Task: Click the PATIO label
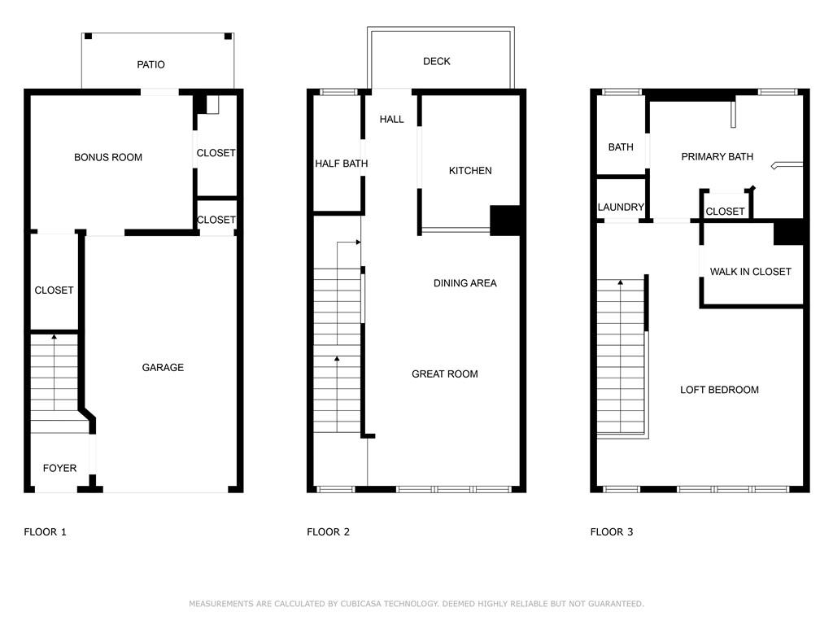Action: tap(150, 64)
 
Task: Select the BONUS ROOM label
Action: tap(108, 157)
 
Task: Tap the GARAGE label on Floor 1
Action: tap(163, 368)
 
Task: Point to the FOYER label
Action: tap(59, 468)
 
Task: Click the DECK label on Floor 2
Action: tap(437, 62)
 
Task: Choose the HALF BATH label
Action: tap(342, 164)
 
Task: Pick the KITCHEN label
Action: tap(470, 171)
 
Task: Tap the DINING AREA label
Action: tap(464, 283)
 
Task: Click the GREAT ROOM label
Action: tap(444, 374)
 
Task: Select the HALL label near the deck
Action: tap(391, 120)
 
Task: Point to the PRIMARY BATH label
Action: tap(717, 157)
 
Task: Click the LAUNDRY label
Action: tap(621, 208)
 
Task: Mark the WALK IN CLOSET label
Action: tap(750, 272)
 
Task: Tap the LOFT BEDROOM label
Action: tap(719, 390)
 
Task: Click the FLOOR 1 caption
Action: tap(45, 532)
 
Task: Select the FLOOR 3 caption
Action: tap(611, 532)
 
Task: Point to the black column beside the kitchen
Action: tap(504, 220)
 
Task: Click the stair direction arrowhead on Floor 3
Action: tap(621, 282)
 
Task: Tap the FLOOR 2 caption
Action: tap(328, 532)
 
